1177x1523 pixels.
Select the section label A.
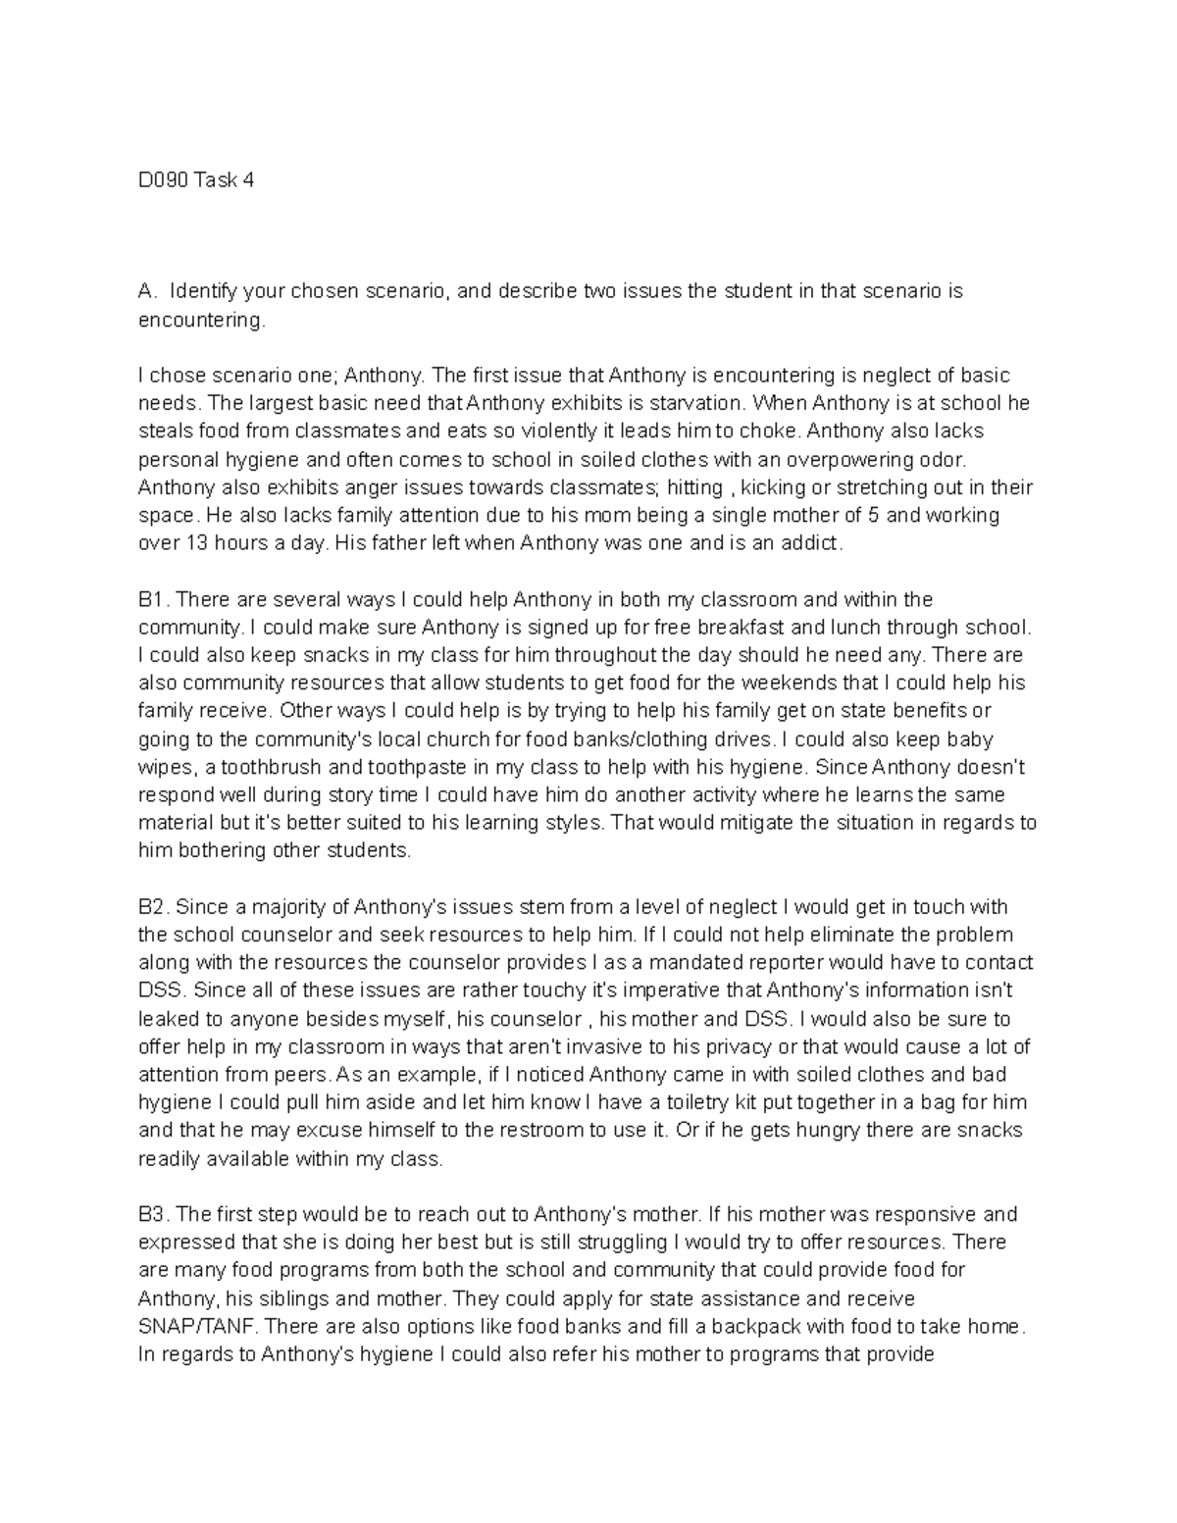click(146, 291)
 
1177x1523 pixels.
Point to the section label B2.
click(153, 907)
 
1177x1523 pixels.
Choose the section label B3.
click(153, 1215)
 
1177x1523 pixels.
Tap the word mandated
click(743, 963)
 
